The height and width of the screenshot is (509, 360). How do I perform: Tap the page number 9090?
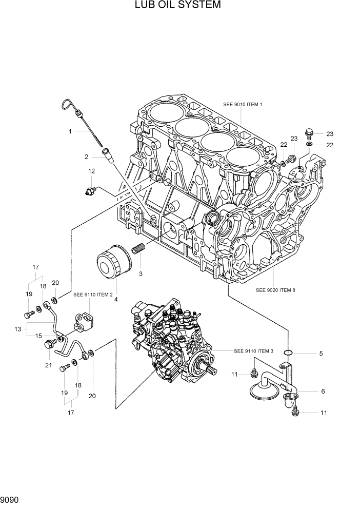click(x=11, y=498)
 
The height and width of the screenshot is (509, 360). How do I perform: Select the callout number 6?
click(x=323, y=391)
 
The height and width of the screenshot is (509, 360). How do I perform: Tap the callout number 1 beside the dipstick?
click(x=70, y=131)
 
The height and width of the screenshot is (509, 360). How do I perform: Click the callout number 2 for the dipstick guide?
click(x=87, y=156)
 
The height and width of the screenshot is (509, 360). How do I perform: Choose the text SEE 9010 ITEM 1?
click(x=243, y=105)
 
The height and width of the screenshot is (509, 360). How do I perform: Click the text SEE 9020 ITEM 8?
click(x=275, y=290)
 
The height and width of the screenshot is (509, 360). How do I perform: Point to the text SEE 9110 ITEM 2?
click(x=93, y=295)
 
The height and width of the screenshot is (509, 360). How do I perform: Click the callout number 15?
click(x=38, y=336)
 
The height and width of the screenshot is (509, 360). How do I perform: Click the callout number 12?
click(x=91, y=171)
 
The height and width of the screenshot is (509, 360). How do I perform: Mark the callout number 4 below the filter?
click(x=116, y=299)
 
